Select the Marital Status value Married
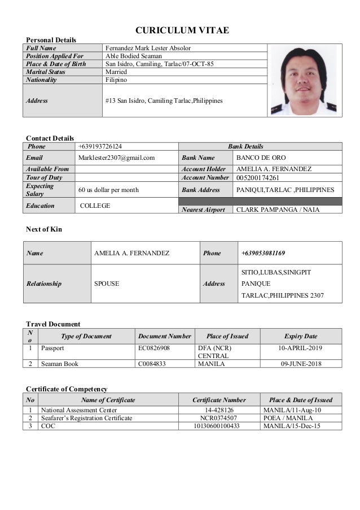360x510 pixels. coord(116,72)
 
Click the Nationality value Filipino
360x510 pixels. coord(116,80)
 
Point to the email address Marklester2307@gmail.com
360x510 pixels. coord(116,158)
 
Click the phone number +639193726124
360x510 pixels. coord(100,146)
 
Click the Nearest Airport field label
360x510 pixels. coord(204,210)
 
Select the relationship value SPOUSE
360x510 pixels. coord(106,284)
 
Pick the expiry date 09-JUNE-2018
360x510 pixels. coord(301,364)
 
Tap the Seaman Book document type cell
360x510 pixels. coord(59,364)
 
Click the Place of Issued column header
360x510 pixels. coord(227,336)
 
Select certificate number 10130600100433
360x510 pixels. coord(219,426)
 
